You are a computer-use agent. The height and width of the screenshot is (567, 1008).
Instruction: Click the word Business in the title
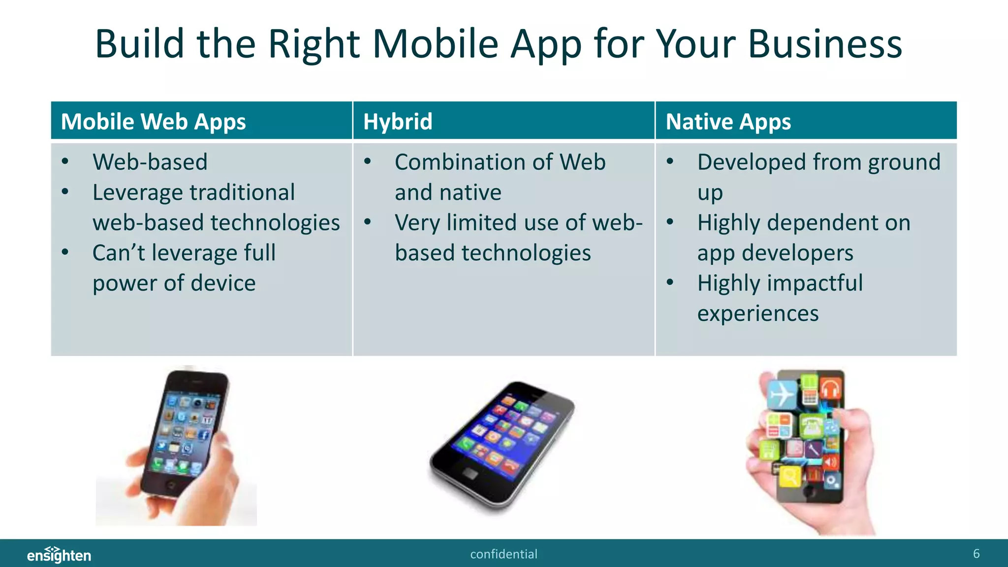tap(825, 44)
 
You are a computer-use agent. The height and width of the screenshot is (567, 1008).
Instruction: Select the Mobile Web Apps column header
tap(153, 122)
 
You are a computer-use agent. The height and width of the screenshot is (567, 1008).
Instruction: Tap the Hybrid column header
tap(398, 122)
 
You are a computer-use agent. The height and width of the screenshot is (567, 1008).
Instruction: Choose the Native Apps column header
tap(728, 122)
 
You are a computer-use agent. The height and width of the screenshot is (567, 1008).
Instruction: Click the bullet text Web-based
tap(150, 162)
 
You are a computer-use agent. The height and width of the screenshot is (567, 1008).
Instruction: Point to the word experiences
tap(758, 314)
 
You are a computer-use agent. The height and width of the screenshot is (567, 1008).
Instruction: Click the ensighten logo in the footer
tap(59, 555)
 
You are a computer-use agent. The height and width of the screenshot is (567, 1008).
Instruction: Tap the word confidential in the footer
tap(504, 554)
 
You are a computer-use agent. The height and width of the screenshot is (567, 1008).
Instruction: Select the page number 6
tap(976, 554)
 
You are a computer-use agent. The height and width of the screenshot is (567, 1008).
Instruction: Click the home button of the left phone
tap(171, 485)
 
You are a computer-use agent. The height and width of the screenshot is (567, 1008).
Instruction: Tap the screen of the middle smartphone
tap(504, 429)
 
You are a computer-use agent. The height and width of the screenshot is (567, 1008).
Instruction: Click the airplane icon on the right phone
tap(782, 394)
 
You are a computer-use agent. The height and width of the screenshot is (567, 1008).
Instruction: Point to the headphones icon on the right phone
tap(830, 389)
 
